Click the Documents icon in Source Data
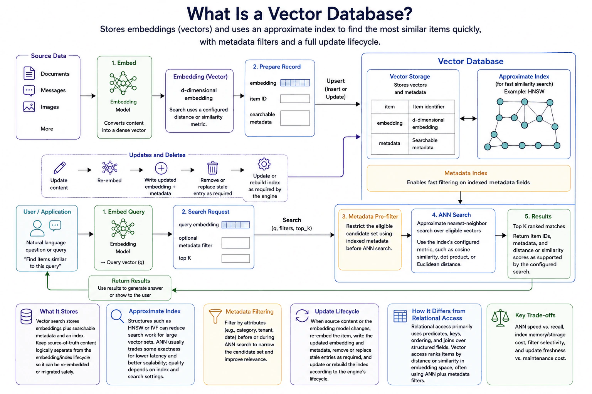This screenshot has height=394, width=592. pyautogui.click(x=29, y=73)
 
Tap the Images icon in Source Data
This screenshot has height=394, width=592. pyautogui.click(x=29, y=107)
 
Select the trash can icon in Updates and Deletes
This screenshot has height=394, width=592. pyautogui.click(x=212, y=168)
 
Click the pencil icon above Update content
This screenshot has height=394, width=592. pyautogui.click(x=59, y=168)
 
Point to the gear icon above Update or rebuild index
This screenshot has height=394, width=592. pyautogui.click(x=264, y=164)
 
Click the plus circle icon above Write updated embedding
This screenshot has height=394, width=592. pyautogui.click(x=161, y=168)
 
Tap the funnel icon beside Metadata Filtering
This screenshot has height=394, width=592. pyautogui.click(x=215, y=316)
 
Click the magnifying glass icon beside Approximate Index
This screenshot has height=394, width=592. pyautogui.click(x=117, y=316)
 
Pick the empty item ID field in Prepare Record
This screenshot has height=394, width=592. pyautogui.click(x=295, y=99)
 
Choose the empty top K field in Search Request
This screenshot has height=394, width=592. pyautogui.click(x=235, y=258)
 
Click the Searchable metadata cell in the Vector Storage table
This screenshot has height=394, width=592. pyautogui.click(x=432, y=144)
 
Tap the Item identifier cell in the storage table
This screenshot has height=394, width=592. pyautogui.click(x=432, y=107)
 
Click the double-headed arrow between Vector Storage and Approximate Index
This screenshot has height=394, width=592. pyautogui.click(x=468, y=119)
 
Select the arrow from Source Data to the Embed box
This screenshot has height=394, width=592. pyautogui.click(x=88, y=96)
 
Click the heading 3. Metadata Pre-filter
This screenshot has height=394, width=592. pyautogui.click(x=370, y=216)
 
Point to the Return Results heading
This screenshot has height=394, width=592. pyautogui.click(x=131, y=280)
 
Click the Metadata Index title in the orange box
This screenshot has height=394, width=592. pyautogui.click(x=466, y=173)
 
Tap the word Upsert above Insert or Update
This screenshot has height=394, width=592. pyautogui.click(x=335, y=81)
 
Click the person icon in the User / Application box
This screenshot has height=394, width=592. pyautogui.click(x=37, y=228)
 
